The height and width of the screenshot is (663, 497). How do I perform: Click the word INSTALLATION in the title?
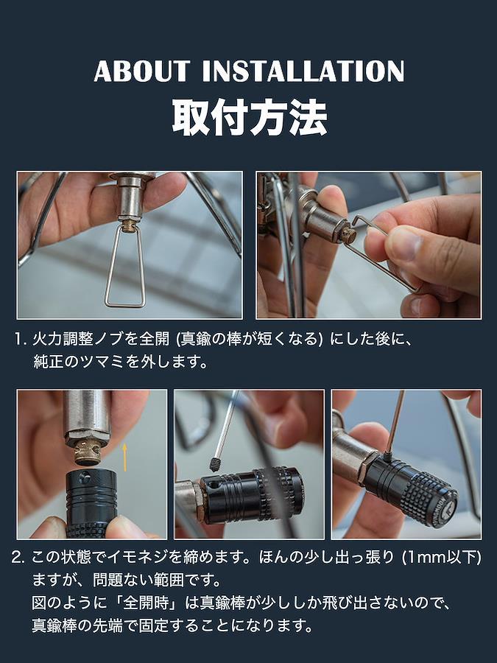(303, 71)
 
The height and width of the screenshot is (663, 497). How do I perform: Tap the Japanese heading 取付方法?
(250, 118)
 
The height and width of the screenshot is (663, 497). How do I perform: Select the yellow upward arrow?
(124, 457)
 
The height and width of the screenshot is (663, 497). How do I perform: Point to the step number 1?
(19, 339)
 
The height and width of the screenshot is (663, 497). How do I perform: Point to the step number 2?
(18, 558)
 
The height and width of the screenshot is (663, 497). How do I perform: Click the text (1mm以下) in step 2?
(441, 558)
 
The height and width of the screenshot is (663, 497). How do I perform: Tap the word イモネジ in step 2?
(138, 558)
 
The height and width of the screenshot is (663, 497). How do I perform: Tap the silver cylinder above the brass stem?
(87, 416)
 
